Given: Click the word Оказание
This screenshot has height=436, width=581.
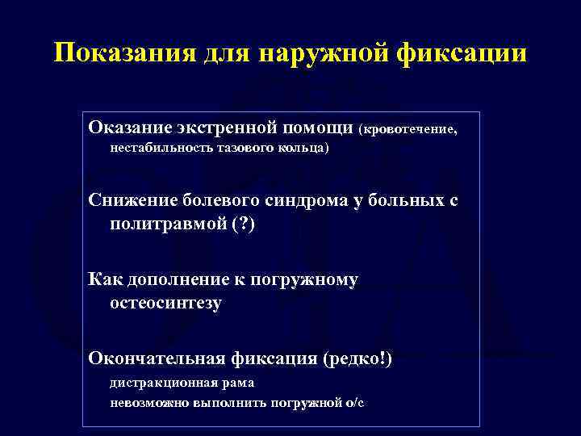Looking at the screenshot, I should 131,128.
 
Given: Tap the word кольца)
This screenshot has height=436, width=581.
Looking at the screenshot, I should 303,149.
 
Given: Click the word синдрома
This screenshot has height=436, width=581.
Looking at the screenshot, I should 306,201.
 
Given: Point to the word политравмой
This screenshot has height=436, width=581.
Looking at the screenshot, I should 164,224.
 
